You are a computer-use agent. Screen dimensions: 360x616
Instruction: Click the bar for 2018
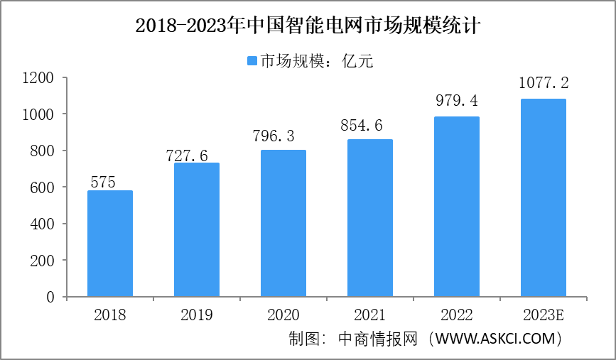pos(109,244)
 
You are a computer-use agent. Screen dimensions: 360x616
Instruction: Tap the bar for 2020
pos(283,223)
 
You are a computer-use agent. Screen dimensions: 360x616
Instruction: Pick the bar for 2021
pos(370,218)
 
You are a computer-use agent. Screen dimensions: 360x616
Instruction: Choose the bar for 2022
pos(457,207)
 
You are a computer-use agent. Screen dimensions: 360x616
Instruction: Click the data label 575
pos(104,182)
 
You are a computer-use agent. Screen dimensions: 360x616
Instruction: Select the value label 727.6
pos(188,155)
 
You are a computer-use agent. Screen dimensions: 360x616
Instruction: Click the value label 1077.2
pos(544,84)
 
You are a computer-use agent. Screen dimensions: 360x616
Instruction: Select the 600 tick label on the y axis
pos(43,187)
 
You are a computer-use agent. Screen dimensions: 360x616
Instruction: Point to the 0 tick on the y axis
pos(51,298)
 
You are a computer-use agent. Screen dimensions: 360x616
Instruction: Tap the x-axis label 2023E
pos(544,315)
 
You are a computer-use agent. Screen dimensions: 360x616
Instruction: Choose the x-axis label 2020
pos(283,315)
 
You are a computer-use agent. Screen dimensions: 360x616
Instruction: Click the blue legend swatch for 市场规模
pos(251,61)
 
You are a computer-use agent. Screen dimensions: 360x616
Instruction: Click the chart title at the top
pos(308,27)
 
